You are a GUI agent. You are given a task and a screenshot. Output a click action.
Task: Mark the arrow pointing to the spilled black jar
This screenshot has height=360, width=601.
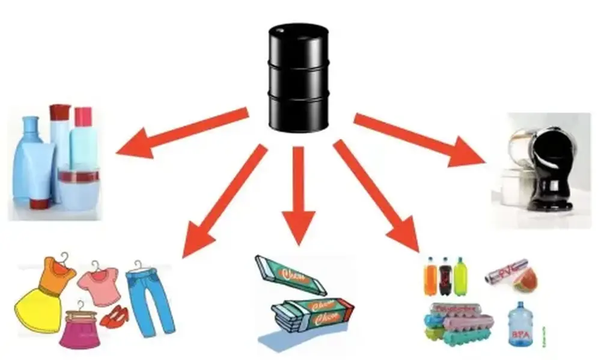coord(421,138)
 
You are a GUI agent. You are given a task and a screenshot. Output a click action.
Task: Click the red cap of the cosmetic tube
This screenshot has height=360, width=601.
coord(59,113)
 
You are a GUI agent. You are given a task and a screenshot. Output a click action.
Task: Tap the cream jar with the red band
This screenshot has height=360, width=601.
coord(78,186)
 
